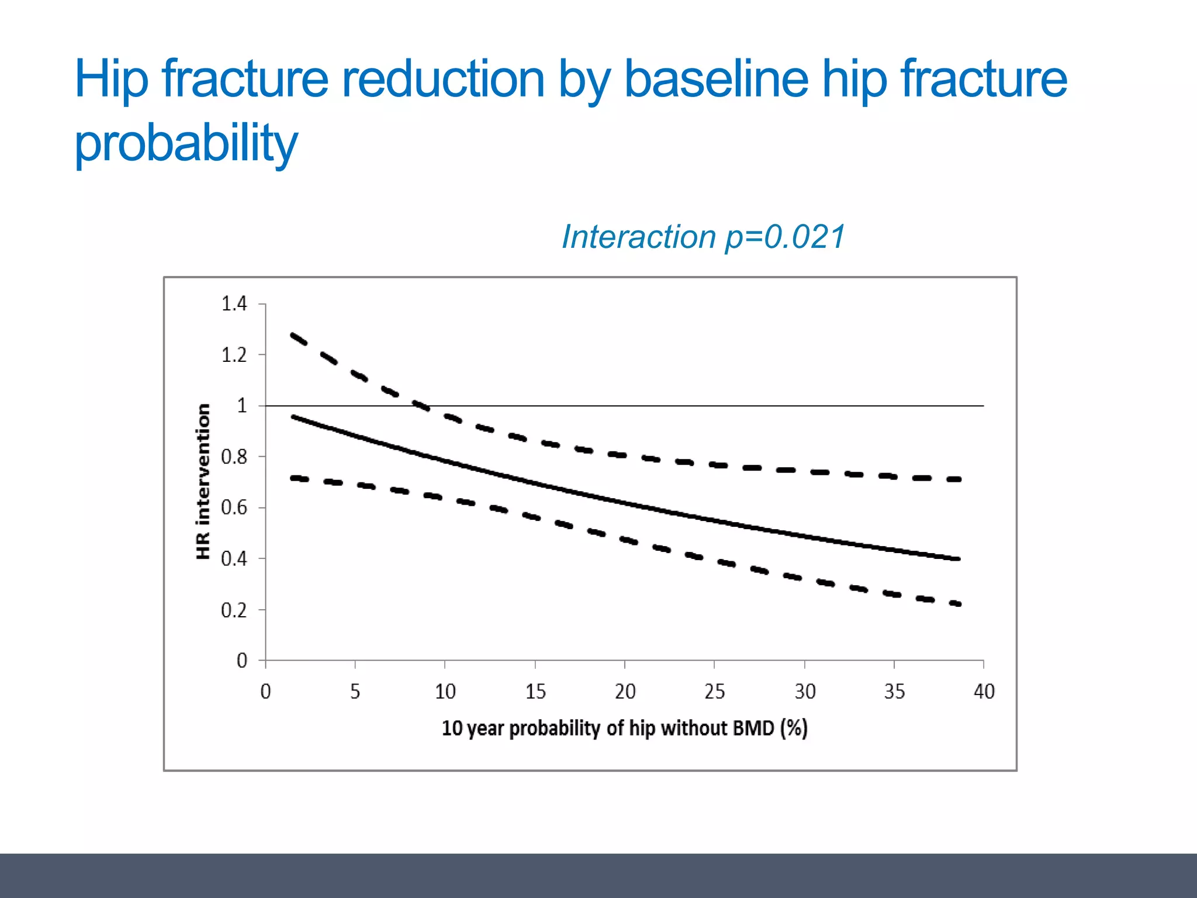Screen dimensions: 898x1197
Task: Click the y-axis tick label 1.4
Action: tap(234, 304)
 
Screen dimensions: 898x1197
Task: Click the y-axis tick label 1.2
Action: tap(234, 355)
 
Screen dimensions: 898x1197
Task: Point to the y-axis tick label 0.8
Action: tap(234, 457)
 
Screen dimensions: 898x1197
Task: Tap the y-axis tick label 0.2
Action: tap(234, 610)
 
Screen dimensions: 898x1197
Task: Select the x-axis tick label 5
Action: tap(355, 692)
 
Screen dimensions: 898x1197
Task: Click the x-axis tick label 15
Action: tap(535, 692)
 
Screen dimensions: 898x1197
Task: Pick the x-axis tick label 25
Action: tap(714, 692)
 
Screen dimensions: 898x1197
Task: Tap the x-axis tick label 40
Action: tap(984, 692)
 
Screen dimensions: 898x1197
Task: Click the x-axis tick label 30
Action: tap(805, 692)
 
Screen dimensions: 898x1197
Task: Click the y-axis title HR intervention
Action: tap(202, 481)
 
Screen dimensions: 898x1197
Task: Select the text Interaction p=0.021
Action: tap(703, 237)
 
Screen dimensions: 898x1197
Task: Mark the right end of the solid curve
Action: tap(959, 559)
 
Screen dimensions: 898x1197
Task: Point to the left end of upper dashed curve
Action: tap(292, 335)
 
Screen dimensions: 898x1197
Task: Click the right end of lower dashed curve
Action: tap(959, 604)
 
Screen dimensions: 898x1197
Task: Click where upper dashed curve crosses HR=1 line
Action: tap(425, 405)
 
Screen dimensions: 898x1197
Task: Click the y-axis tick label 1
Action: tap(241, 406)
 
